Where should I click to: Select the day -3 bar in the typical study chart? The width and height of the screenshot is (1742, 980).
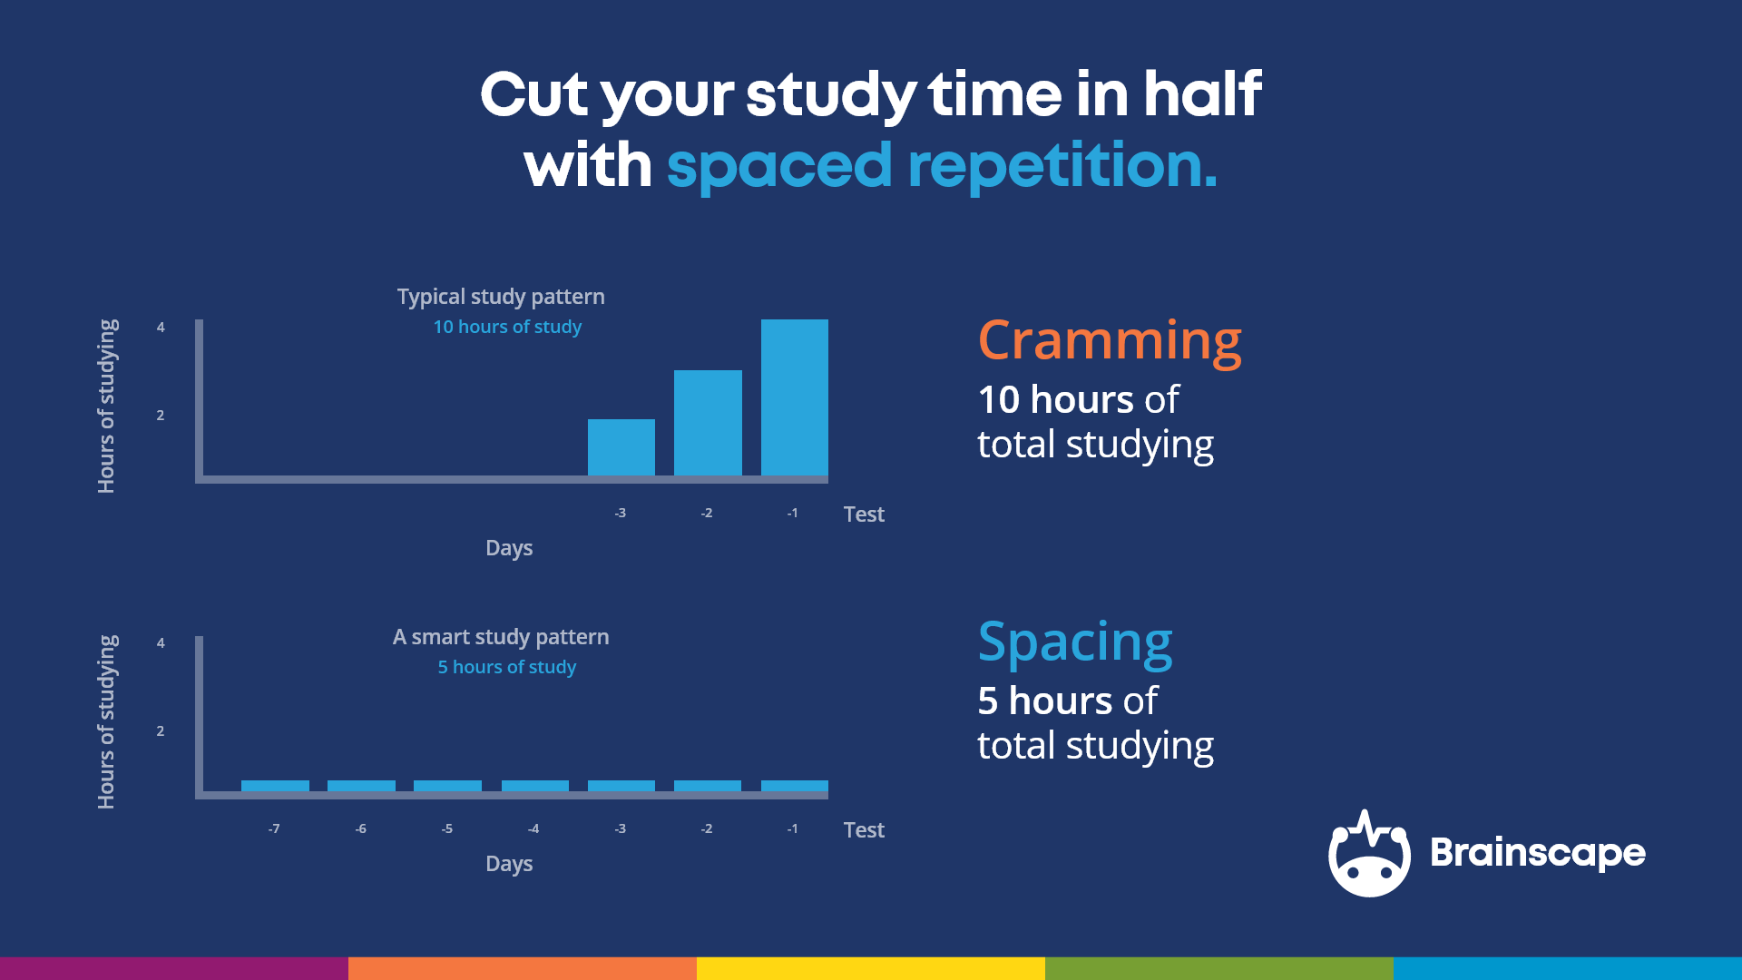pyautogui.click(x=621, y=447)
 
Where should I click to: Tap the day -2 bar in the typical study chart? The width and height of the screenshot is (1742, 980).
pyautogui.click(x=708, y=423)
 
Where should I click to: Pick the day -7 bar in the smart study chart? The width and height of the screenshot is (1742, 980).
pyautogui.click(x=275, y=786)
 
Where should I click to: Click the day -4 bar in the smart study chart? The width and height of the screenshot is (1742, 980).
pyautogui.click(x=534, y=786)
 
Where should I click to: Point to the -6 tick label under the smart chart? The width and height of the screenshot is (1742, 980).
pyautogui.click(x=360, y=828)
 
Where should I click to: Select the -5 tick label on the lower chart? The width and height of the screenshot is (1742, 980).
pyautogui.click(x=446, y=828)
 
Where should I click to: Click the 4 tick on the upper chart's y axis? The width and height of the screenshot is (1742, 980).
pyautogui.click(x=161, y=328)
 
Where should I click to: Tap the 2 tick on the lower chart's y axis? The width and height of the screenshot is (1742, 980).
pyautogui.click(x=161, y=730)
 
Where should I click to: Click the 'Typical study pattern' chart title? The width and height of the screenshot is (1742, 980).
pyautogui.click(x=501, y=297)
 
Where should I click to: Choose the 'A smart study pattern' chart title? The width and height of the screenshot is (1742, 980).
pyautogui.click(x=501, y=637)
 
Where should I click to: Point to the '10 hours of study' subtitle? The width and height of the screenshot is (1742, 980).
pyautogui.click(x=507, y=327)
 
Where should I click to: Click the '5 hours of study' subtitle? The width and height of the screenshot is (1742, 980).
pyautogui.click(x=507, y=667)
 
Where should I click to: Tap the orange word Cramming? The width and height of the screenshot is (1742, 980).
pyautogui.click(x=1109, y=342)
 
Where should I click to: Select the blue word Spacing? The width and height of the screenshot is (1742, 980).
pyautogui.click(x=1075, y=642)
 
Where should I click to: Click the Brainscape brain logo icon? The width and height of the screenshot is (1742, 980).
pyautogui.click(x=1368, y=854)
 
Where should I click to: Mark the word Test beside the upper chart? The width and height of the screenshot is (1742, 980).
pyautogui.click(x=864, y=514)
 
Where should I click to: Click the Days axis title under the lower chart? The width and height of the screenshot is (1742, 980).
pyautogui.click(x=509, y=864)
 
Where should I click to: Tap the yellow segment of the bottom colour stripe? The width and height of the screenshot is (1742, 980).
pyautogui.click(x=871, y=968)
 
